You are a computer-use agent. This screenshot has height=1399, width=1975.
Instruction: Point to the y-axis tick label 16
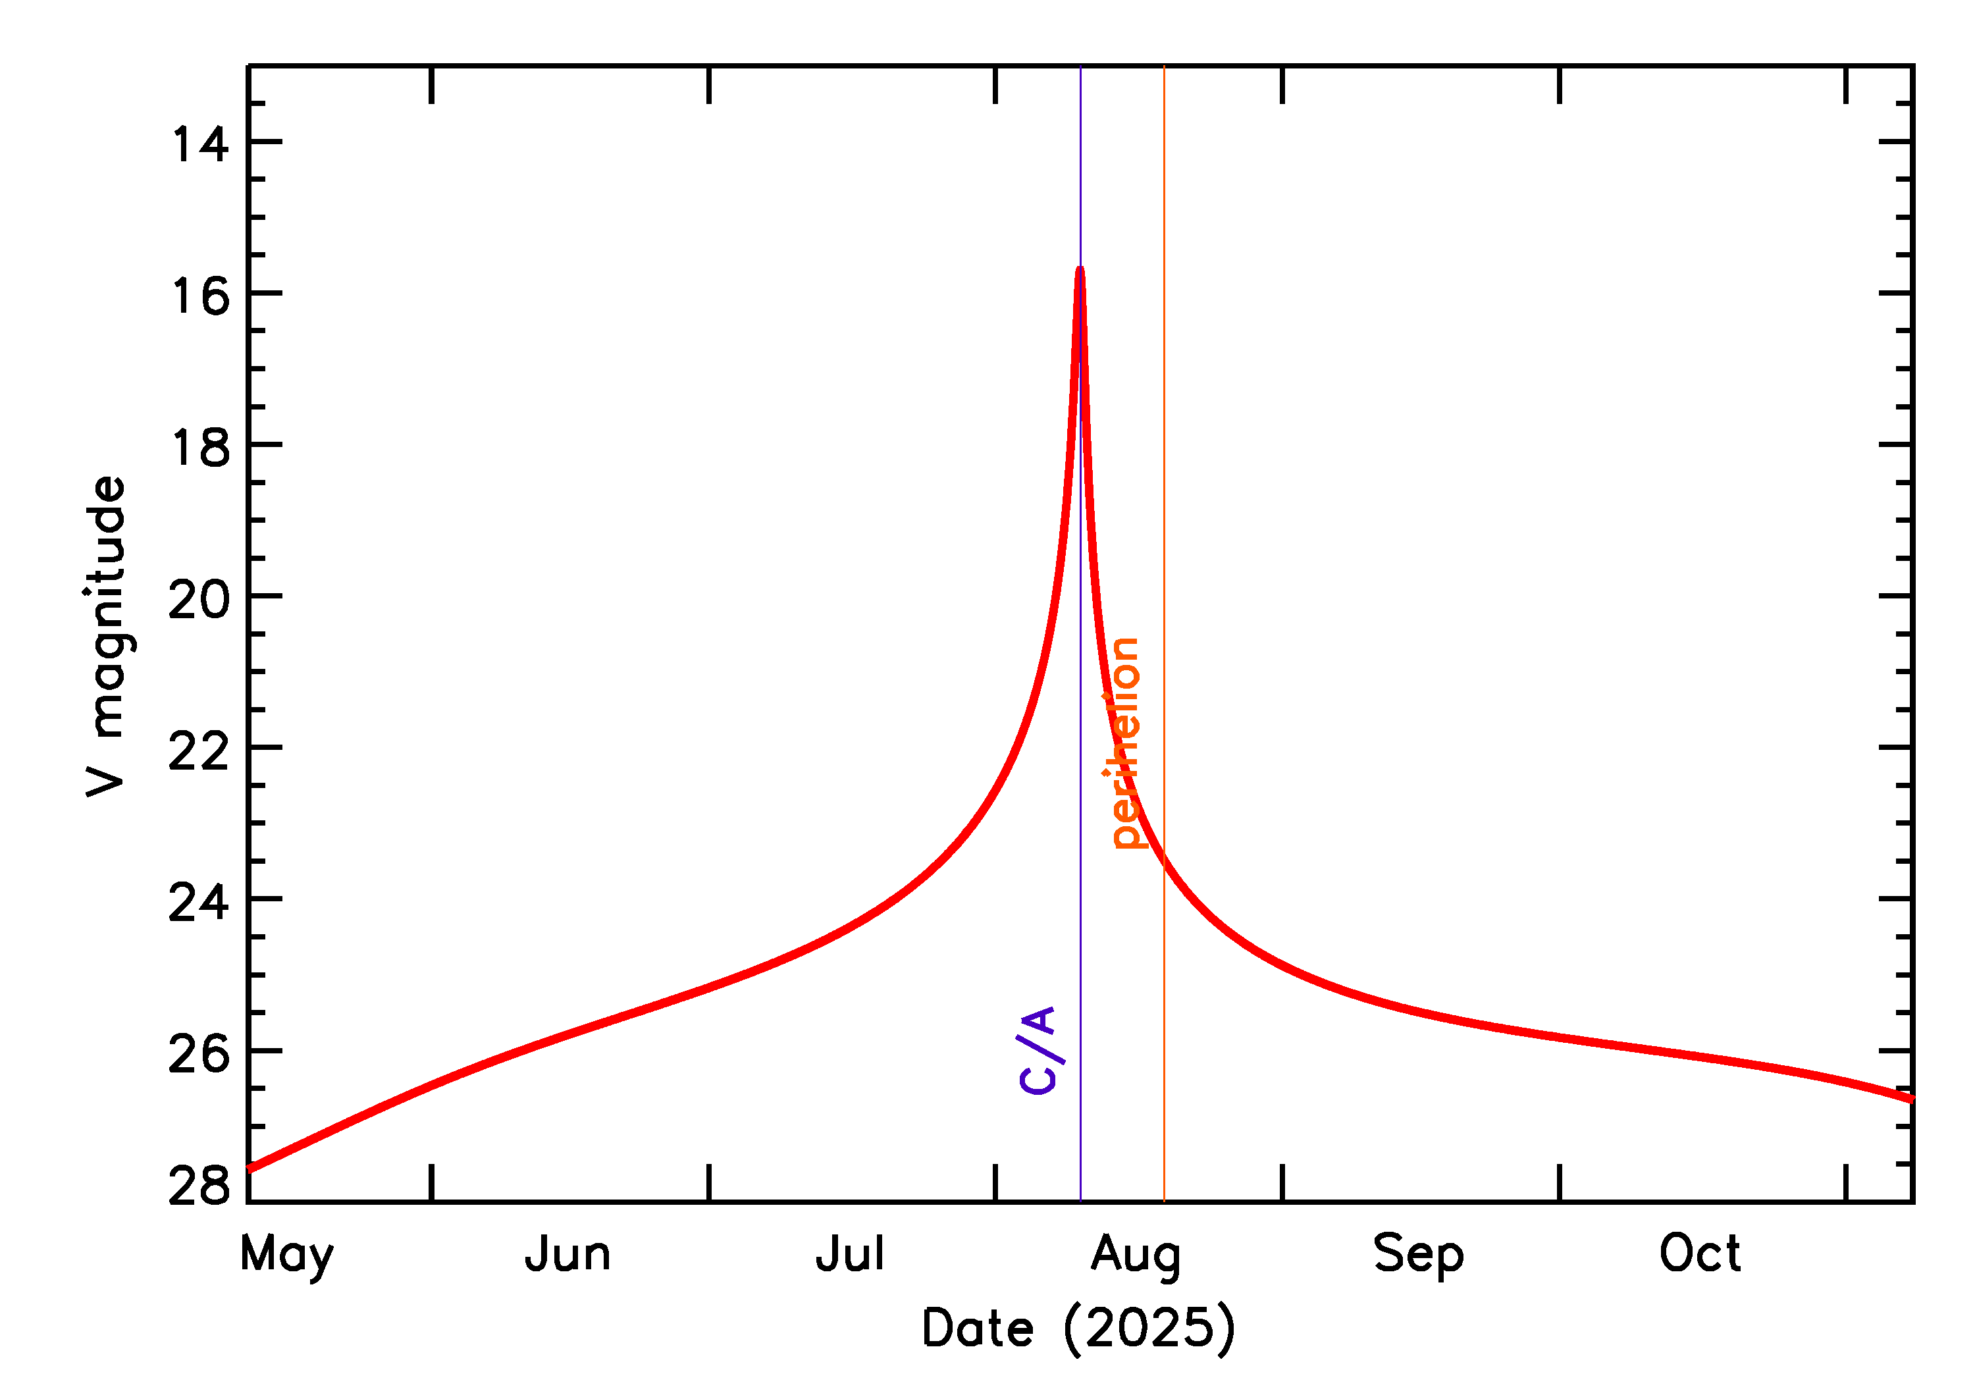pos(201,296)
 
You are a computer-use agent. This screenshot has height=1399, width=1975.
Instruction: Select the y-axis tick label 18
pos(201,447)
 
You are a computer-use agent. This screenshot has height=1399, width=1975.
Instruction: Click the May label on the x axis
pos(287,1254)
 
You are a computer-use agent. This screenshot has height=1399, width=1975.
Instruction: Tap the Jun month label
pos(567,1254)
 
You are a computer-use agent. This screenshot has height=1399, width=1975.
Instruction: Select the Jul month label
pos(850,1254)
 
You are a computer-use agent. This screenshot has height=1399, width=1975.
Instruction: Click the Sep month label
pos(1419,1254)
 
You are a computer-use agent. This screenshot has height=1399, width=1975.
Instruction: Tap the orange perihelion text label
pos(1124,743)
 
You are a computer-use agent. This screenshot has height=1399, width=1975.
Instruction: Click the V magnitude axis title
pos(107,636)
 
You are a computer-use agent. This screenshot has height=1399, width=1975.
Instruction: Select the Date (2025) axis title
pos(1078,1327)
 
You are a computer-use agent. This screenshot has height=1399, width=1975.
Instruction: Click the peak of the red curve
pos(1080,270)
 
